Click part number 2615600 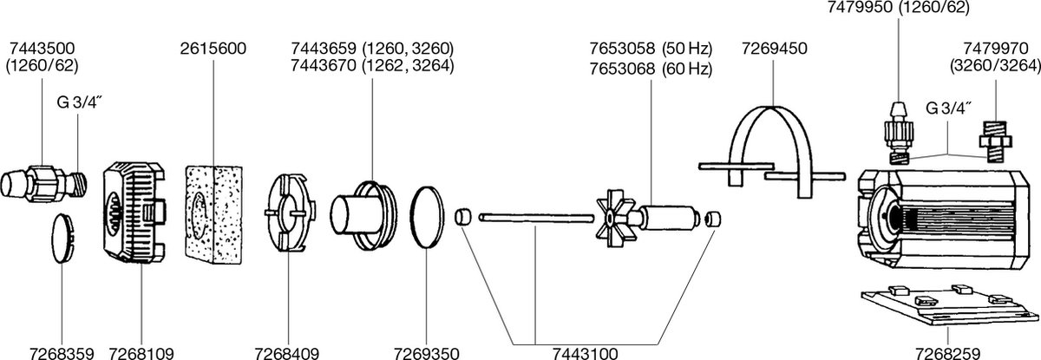pyautogui.click(x=213, y=49)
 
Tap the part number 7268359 pyautogui.click(x=62, y=354)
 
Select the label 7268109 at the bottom pyautogui.click(x=141, y=354)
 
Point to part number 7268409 pyautogui.click(x=287, y=354)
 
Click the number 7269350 pyautogui.click(x=426, y=354)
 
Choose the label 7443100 pyautogui.click(x=585, y=354)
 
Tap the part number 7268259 pyautogui.click(x=947, y=354)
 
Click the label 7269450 pyautogui.click(x=774, y=49)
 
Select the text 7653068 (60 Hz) pyautogui.click(x=651, y=69)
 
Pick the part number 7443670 pyautogui.click(x=324, y=66)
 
